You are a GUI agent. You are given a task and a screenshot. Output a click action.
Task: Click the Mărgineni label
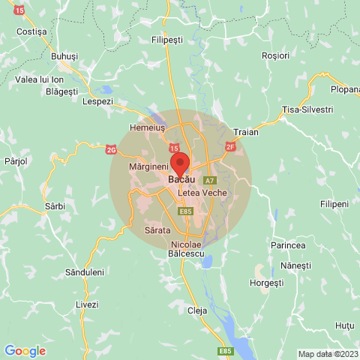pos(148,165)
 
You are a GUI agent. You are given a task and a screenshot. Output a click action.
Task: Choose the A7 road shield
pos(210,181)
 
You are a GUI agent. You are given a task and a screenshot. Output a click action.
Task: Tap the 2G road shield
pos(112,149)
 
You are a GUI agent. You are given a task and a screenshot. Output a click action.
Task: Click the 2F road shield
pos(230,146)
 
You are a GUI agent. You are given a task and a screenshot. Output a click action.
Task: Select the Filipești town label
pos(168,39)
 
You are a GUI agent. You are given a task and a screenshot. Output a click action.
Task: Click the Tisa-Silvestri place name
pos(307,109)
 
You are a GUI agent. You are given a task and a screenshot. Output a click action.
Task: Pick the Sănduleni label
pos(84,272)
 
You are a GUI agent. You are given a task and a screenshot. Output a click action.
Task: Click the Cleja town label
pos(196,310)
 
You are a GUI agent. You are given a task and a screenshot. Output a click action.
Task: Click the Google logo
pos(25,350)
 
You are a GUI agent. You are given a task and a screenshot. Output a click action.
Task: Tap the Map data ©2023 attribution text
pos(328,354)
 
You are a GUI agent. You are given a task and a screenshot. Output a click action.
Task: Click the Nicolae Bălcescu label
pos(186,250)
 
